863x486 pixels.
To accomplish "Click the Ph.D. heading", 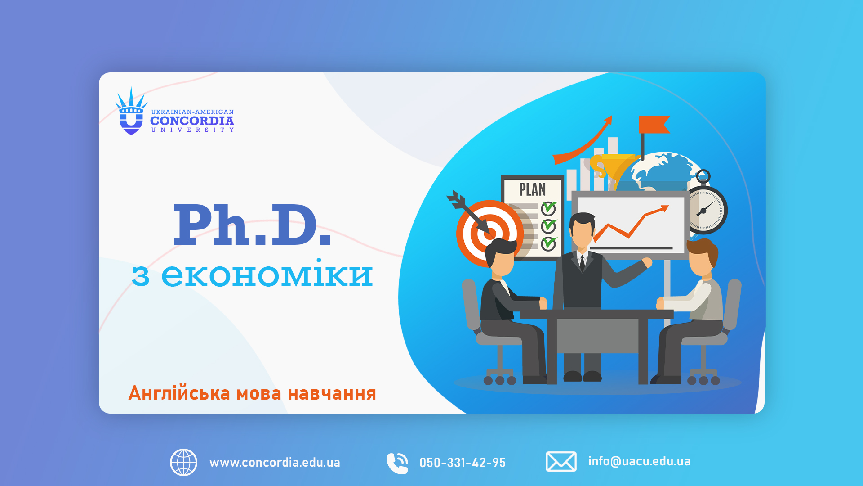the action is (252, 225).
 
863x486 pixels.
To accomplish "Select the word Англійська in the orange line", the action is (179, 393).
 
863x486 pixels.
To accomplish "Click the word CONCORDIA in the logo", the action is (192, 121).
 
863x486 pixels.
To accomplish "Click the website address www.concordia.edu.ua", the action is (275, 463).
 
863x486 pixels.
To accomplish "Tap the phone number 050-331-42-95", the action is (463, 463).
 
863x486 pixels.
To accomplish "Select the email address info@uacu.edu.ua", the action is (639, 461).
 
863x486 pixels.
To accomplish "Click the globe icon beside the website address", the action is (183, 462).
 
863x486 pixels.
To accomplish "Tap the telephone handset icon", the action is (397, 463).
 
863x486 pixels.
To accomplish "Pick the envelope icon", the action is (561, 462).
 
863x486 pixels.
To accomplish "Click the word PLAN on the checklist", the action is (533, 189).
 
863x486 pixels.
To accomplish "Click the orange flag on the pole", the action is (654, 125).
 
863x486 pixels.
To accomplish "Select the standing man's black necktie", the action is (583, 264).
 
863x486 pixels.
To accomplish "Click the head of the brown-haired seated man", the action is (702, 257).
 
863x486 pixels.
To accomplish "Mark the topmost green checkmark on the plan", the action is (549, 208).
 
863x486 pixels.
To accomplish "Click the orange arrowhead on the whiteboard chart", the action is (663, 208).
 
